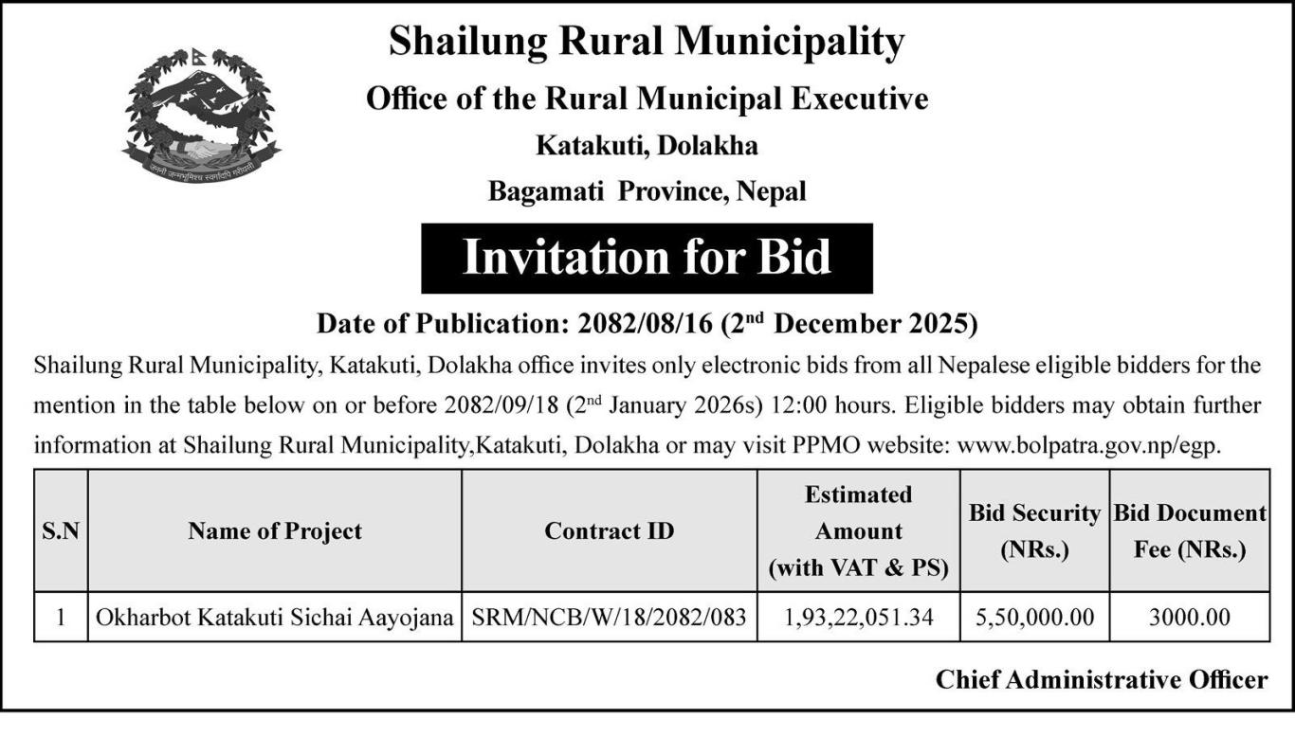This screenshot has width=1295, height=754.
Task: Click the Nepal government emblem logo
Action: pos(200,112)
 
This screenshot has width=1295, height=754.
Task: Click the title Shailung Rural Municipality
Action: pos(647,42)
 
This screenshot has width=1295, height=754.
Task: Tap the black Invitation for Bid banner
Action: pos(647,258)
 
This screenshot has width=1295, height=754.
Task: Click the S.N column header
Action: pos(61,531)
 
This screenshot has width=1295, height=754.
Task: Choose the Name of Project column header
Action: pos(275,531)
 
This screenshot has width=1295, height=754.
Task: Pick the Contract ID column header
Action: pos(610,531)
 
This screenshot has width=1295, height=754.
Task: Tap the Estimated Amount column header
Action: pos(859,531)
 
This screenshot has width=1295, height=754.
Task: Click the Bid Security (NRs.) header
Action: pos(1034,531)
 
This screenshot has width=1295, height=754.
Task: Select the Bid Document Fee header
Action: pos(1190,531)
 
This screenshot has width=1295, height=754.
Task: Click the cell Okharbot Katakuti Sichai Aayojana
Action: pos(275,618)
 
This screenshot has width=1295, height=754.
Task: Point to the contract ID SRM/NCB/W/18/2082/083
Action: pos(610,618)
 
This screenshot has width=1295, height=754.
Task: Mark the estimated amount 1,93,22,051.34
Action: pos(859,618)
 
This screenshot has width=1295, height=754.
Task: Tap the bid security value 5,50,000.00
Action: pos(1034,618)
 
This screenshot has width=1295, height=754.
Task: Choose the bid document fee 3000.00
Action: pos(1190,618)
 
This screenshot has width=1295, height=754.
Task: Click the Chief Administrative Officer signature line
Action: pos(1101,679)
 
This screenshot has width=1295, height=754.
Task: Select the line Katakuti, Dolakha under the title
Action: pos(647,146)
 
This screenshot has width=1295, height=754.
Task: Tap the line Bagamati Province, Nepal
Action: pos(647,191)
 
